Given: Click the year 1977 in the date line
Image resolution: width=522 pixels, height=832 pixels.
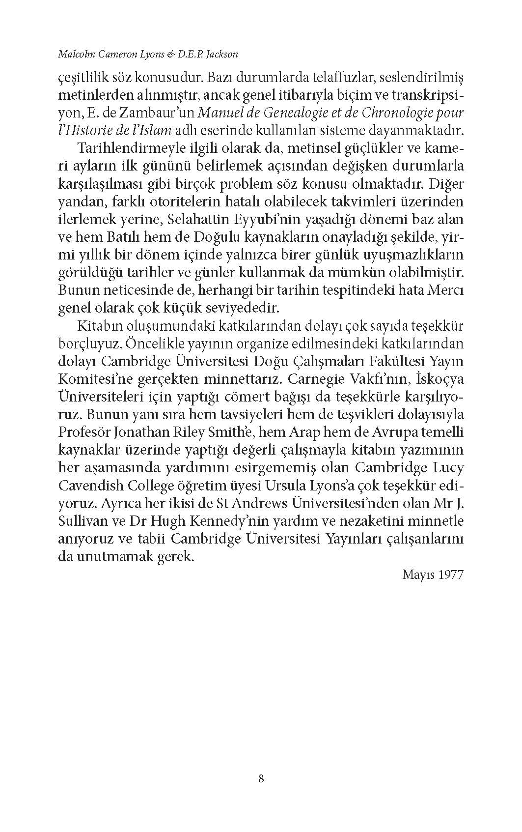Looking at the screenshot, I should pos(451,574).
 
